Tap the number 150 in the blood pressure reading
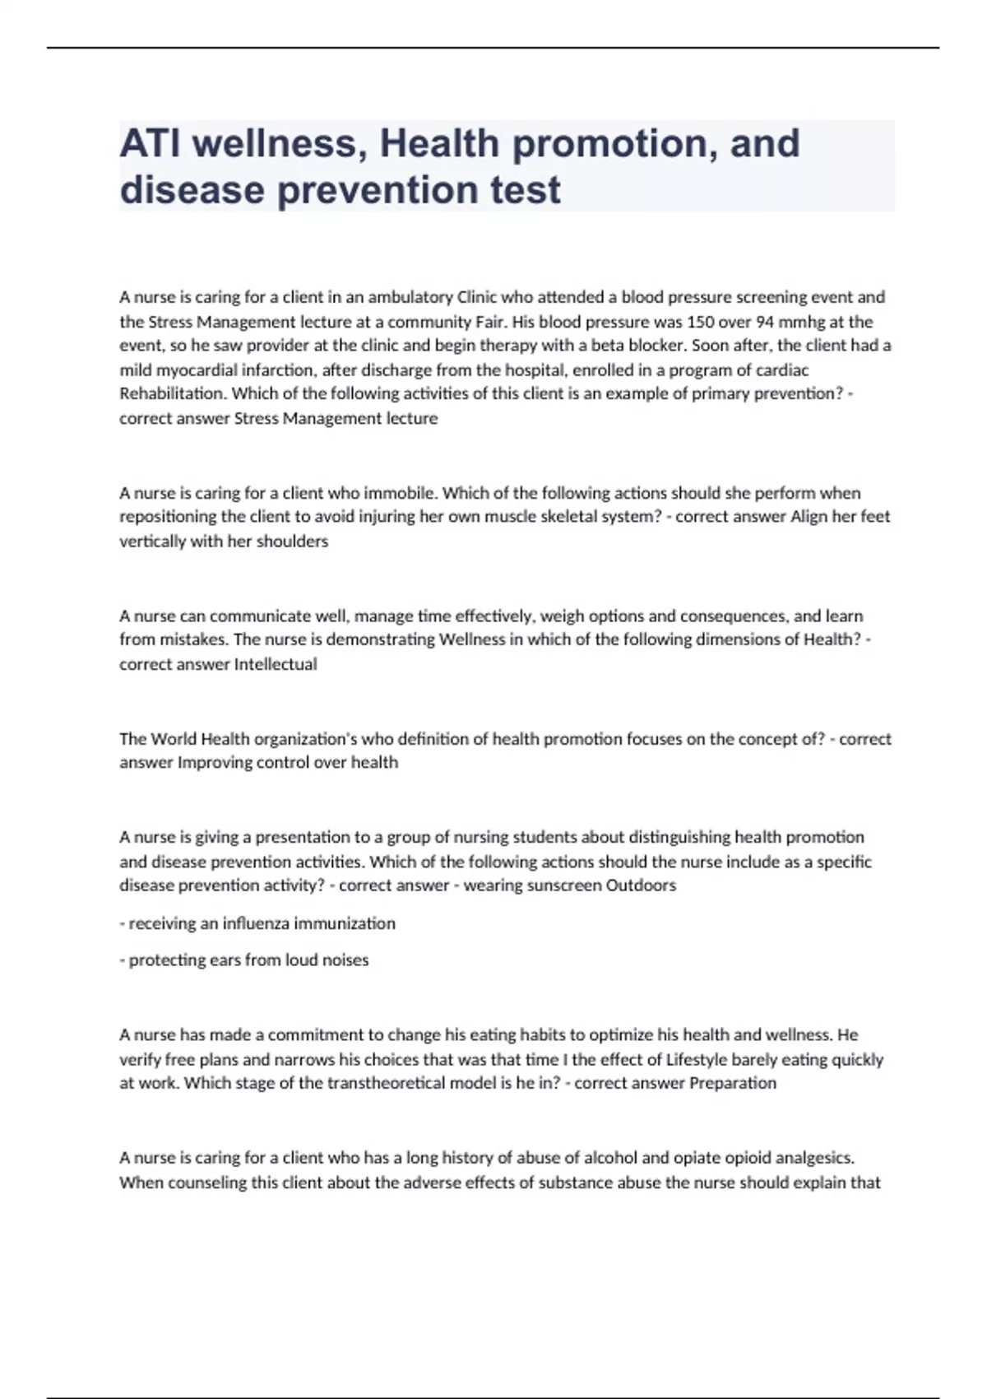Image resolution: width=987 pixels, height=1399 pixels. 700,322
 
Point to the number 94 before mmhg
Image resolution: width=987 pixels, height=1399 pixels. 766,322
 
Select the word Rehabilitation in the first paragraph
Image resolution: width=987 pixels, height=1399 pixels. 174,394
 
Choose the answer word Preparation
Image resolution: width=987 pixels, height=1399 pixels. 732,1083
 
